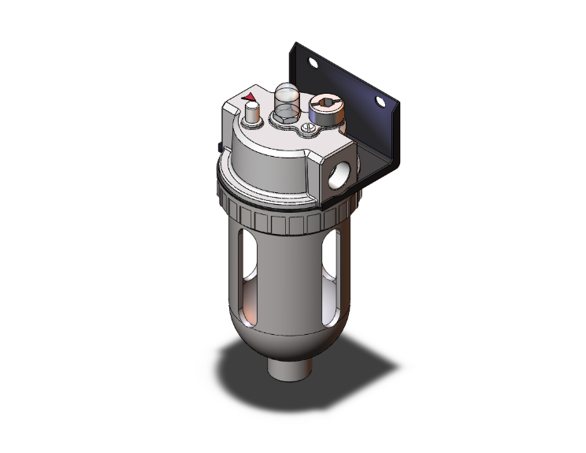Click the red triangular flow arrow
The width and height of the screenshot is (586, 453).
coord(250,98)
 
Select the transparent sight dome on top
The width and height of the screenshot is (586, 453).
coord(287,100)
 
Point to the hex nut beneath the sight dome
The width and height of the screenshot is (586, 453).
coord(284,120)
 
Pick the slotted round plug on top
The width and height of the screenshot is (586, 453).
coord(325,102)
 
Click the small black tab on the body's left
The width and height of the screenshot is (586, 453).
coord(217,146)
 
